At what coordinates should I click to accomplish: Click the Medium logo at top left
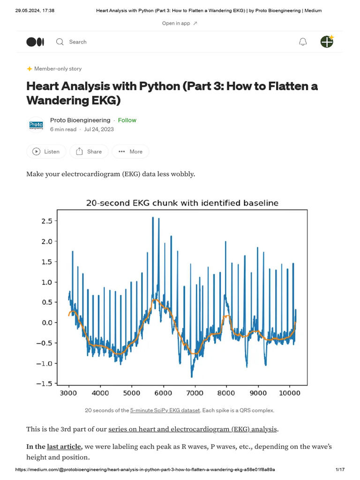[x=35, y=42]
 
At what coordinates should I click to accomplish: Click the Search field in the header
[x=77, y=42]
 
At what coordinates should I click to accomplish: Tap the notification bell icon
[x=303, y=42]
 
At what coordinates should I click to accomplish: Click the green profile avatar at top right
[x=327, y=41]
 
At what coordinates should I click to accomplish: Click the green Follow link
[x=127, y=120]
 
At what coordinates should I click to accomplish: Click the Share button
[x=89, y=151]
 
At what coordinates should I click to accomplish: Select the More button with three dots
[x=130, y=151]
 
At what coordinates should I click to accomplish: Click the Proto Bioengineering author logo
[x=36, y=125]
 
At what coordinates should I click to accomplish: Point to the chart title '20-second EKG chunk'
[x=182, y=203]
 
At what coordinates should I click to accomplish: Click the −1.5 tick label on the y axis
[x=46, y=384]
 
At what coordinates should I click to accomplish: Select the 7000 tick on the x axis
[x=195, y=393]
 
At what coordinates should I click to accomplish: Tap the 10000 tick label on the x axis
[x=289, y=393]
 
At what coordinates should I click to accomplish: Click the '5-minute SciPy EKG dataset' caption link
[x=165, y=410]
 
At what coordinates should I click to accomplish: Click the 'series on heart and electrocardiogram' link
[x=193, y=429]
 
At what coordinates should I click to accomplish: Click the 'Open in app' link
[x=180, y=23]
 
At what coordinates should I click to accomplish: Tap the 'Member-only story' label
[x=58, y=68]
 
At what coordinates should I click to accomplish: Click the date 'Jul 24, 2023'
[x=99, y=129]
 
